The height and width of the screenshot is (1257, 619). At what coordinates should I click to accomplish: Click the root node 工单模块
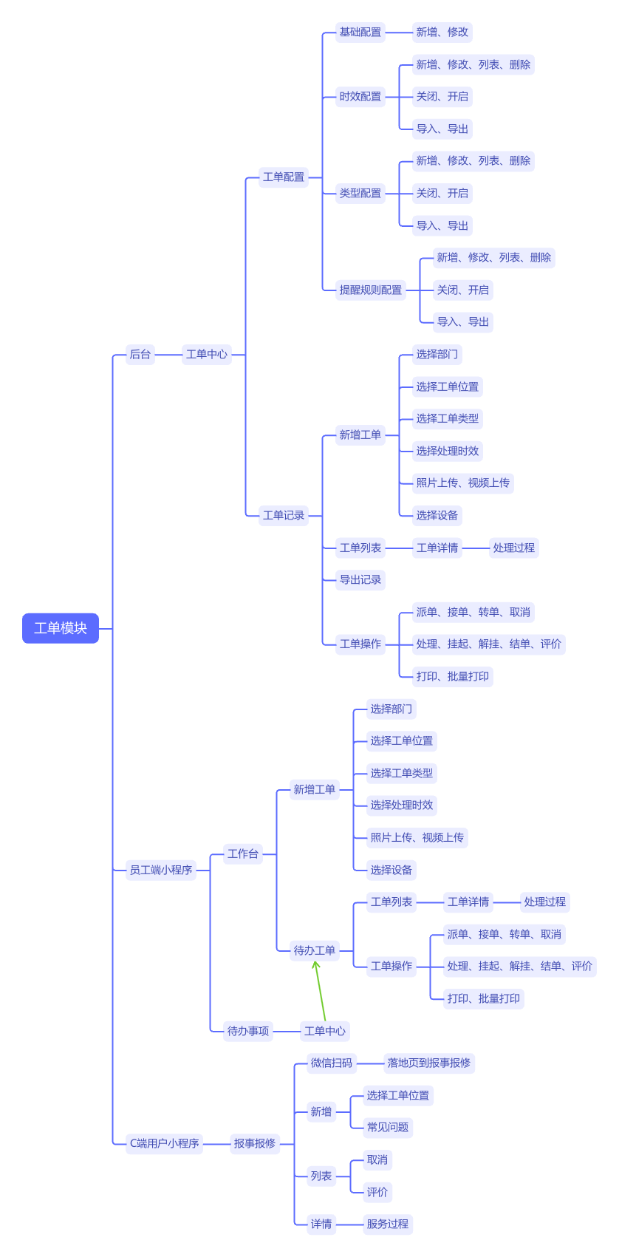(x=61, y=628)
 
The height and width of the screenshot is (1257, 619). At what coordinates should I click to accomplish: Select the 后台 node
(x=140, y=354)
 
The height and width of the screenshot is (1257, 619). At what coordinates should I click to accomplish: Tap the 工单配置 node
(x=284, y=177)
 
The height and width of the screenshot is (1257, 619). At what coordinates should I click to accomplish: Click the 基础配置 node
(x=360, y=32)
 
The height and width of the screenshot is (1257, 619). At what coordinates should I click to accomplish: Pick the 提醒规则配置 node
(x=371, y=290)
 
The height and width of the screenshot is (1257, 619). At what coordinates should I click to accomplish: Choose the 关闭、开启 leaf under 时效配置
(x=442, y=97)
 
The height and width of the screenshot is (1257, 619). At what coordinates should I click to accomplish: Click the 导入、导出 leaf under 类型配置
(x=442, y=225)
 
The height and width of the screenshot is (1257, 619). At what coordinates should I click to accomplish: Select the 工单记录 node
(x=284, y=515)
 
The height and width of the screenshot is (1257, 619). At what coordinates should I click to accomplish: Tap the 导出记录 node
(x=360, y=579)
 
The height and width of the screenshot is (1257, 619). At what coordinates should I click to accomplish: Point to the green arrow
(x=320, y=991)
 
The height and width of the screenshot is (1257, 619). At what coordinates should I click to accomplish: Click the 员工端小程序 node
(x=161, y=870)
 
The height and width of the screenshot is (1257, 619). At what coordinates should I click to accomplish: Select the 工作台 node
(x=243, y=854)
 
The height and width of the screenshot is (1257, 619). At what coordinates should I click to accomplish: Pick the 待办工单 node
(x=315, y=950)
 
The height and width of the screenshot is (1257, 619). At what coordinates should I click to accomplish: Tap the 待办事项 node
(x=248, y=1031)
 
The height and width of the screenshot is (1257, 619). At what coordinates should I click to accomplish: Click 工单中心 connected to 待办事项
(x=325, y=1031)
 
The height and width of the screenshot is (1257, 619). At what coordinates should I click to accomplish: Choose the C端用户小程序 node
(x=164, y=1143)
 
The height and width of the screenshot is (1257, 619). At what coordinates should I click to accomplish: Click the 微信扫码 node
(x=332, y=1063)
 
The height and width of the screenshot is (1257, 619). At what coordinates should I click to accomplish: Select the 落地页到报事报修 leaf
(x=429, y=1063)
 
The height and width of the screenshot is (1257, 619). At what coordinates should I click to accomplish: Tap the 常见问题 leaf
(x=388, y=1128)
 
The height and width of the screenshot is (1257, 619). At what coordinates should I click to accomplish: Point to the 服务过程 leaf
(x=388, y=1224)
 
